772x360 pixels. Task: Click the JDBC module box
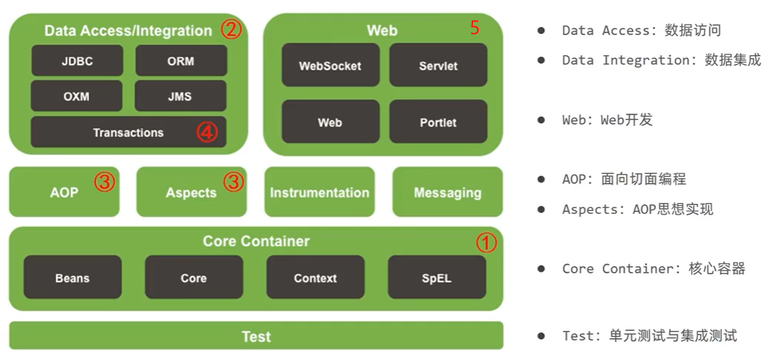point(77,61)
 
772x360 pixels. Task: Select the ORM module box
point(181,61)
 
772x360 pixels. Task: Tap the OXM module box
point(77,96)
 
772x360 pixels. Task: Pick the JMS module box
point(181,96)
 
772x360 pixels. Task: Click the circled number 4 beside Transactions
point(207,133)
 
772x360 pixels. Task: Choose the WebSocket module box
point(330,65)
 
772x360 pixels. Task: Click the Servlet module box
point(438,65)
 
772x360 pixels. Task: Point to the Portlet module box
point(438,122)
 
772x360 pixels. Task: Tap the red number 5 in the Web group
point(475,28)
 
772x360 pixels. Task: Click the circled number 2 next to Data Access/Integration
point(231,30)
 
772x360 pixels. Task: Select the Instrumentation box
point(319,193)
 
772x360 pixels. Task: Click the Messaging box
point(447,193)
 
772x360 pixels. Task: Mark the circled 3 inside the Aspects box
point(233,182)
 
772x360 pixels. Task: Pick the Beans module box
point(72,278)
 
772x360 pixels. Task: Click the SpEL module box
point(436,278)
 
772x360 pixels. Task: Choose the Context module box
point(315,278)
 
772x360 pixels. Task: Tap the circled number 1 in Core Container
point(486,243)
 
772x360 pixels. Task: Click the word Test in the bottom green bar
point(256,337)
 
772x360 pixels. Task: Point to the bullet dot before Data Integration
point(541,60)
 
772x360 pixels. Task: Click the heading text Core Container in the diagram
point(256,241)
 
